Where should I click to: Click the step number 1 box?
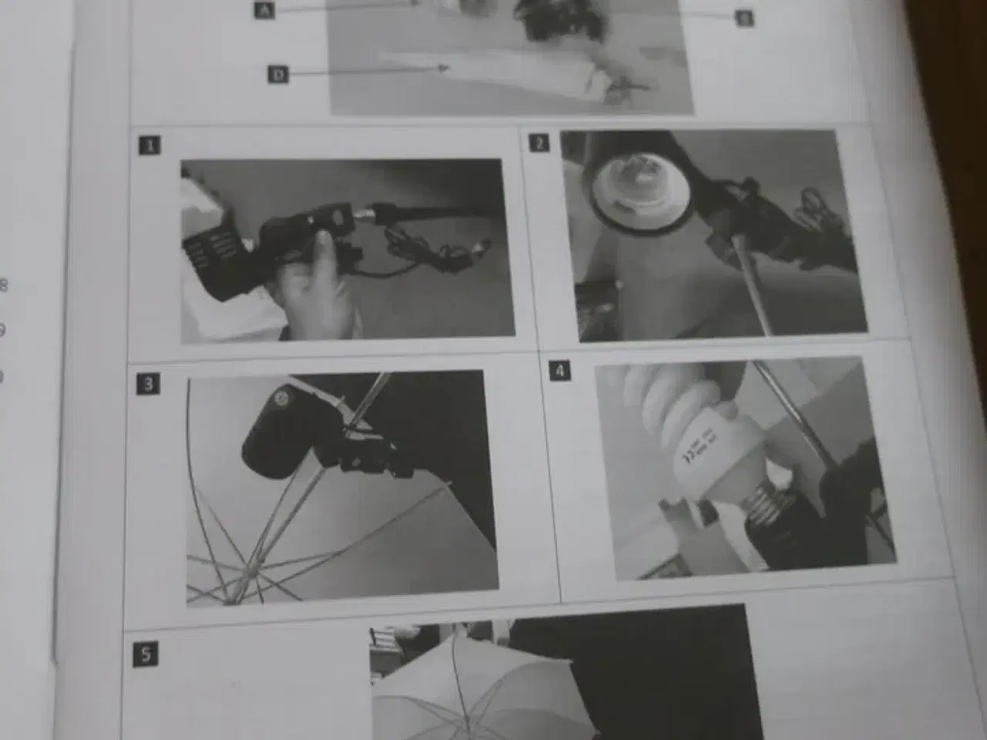coord(150,144)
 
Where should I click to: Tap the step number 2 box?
coord(539,142)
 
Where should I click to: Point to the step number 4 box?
coord(560,371)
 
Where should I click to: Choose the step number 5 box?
coord(146,654)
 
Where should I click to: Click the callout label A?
coord(264,10)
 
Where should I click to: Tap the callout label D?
coord(278,74)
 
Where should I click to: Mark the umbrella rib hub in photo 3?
coord(248,571)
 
